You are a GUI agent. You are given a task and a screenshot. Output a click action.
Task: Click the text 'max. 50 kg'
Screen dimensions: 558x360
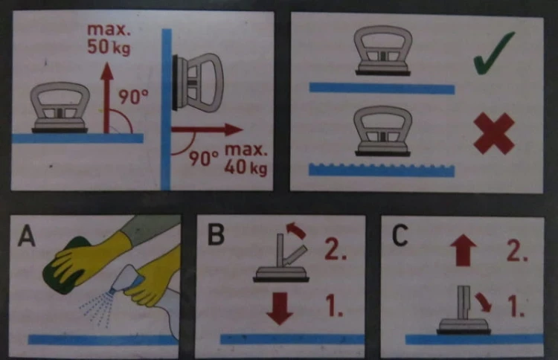click(109, 39)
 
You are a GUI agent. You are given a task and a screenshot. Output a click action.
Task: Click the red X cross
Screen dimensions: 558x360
click(494, 133)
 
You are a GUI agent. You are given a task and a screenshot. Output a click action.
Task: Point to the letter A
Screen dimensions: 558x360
click(27, 237)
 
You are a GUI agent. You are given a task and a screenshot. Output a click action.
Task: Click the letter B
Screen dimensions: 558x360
click(216, 234)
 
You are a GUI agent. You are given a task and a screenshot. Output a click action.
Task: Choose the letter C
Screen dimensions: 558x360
click(400, 235)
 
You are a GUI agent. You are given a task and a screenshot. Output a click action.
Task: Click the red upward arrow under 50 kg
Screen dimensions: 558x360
click(106, 98)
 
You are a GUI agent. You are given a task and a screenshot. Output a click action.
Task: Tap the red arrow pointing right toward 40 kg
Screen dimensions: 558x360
click(207, 129)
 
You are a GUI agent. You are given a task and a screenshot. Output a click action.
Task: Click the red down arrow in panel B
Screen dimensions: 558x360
click(280, 309)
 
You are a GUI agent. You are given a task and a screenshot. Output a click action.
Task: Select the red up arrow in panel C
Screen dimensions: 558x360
click(463, 251)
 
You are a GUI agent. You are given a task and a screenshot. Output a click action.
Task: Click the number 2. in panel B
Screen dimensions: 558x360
click(336, 249)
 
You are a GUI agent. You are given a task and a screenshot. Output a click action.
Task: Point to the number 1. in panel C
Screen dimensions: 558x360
click(516, 306)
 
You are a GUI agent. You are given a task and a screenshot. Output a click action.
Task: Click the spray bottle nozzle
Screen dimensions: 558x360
click(114, 291)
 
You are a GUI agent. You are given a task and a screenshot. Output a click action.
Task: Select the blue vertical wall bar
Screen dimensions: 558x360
click(166, 109)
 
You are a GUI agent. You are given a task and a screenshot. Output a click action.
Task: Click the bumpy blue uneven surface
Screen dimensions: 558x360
click(382, 170)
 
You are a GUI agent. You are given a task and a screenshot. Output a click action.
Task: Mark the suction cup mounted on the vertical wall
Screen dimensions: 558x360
click(197, 83)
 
